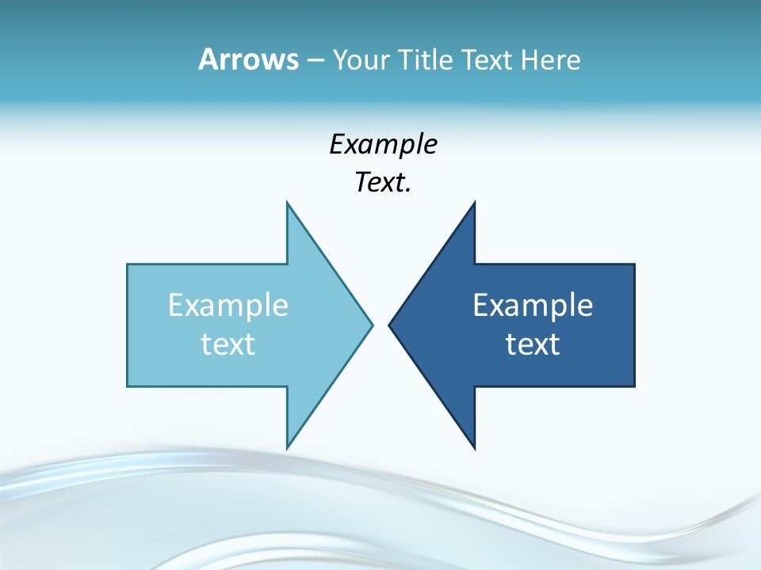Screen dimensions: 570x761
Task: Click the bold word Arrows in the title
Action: coord(247,59)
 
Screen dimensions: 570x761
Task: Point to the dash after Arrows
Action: coord(315,60)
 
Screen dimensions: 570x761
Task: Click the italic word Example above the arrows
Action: coord(383,145)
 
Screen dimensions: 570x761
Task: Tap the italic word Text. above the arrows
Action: coord(383,183)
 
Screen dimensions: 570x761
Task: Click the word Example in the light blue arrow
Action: coord(228,306)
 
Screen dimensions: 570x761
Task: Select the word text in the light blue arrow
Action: coord(228,344)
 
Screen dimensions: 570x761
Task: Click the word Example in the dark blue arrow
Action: coord(533,306)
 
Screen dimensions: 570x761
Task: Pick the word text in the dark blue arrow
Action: coord(533,344)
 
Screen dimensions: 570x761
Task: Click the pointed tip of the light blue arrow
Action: coord(372,325)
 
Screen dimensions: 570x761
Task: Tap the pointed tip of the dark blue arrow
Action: coord(389,325)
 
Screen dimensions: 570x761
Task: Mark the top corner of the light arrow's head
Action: coord(287,203)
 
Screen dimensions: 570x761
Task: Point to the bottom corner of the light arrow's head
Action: coord(287,448)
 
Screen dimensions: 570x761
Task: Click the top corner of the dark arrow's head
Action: coord(474,203)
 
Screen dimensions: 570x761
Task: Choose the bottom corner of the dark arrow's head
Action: coord(474,448)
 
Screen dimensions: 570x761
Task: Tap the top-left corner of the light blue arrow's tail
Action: coord(128,264)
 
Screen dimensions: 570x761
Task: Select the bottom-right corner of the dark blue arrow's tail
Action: coord(634,386)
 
